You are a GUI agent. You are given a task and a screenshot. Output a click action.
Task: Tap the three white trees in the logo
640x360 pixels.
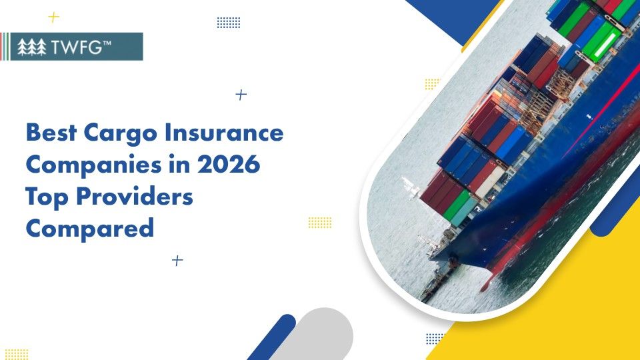click(x=32, y=47)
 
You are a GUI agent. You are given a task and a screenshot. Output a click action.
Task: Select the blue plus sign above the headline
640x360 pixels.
click(x=241, y=95)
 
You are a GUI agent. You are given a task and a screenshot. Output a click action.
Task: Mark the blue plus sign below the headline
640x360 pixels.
click(x=177, y=261)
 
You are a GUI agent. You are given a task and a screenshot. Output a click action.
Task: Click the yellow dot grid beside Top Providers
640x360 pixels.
click(x=320, y=222)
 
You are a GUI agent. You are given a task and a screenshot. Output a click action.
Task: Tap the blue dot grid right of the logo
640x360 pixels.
click(x=229, y=23)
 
